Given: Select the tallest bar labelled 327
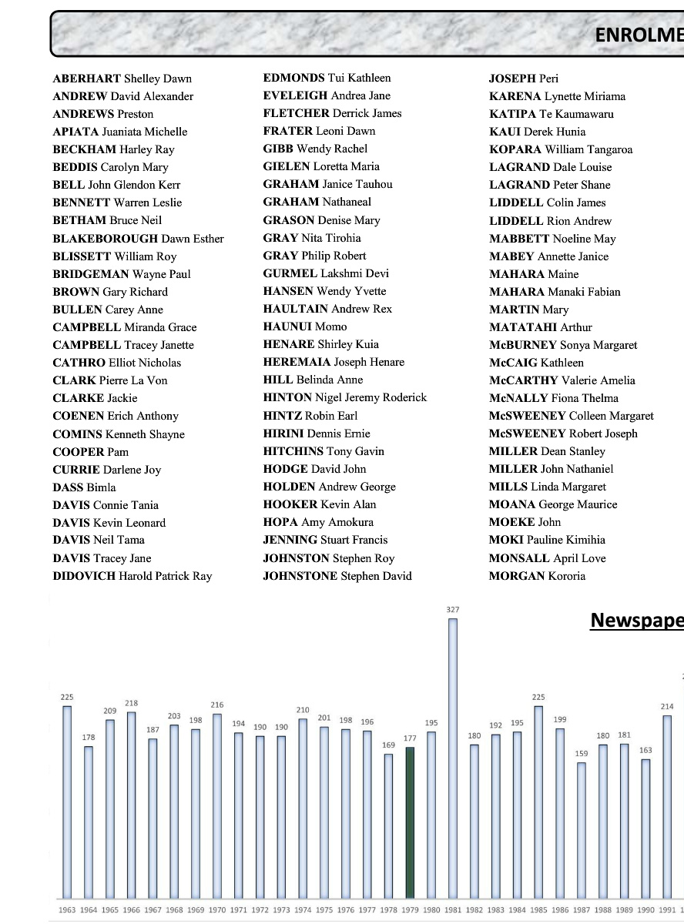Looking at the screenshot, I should (x=453, y=758).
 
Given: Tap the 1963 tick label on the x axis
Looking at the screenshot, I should (x=67, y=910).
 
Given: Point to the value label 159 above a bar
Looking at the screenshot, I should (x=582, y=754).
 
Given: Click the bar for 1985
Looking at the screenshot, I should (x=538, y=802).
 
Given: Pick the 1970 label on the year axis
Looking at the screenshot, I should (x=217, y=910).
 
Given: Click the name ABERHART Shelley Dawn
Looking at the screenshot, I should (x=122, y=79).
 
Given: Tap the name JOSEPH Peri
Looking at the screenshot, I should (x=524, y=79).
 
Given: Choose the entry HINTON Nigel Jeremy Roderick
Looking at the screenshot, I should (x=344, y=397).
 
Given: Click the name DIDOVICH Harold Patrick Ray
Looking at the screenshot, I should (x=132, y=576).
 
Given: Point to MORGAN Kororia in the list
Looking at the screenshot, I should (x=537, y=576).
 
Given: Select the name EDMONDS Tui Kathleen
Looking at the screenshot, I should (x=327, y=78).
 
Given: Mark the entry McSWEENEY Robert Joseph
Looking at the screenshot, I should (x=563, y=434).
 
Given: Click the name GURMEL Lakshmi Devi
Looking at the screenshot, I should (x=326, y=273).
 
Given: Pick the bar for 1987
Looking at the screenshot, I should (x=582, y=830).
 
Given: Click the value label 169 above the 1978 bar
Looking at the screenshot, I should (x=388, y=745).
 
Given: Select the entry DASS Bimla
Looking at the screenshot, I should (x=84, y=487).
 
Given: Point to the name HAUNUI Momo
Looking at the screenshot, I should (x=304, y=326).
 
